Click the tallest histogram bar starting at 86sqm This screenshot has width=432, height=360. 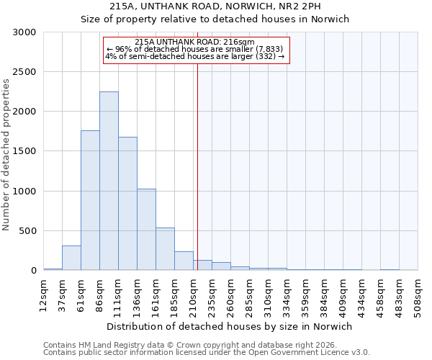pyautogui.click(x=109, y=181)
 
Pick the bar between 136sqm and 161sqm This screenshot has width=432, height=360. pyautogui.click(x=146, y=230)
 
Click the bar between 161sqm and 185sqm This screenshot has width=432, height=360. pyautogui.click(x=165, y=249)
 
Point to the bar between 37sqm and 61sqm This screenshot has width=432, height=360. pyautogui.click(x=71, y=258)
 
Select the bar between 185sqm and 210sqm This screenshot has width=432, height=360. pyautogui.click(x=184, y=261)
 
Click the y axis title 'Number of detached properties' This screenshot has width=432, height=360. pyautogui.click(x=6, y=155)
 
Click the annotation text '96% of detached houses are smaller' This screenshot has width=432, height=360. pyautogui.click(x=199, y=49)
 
